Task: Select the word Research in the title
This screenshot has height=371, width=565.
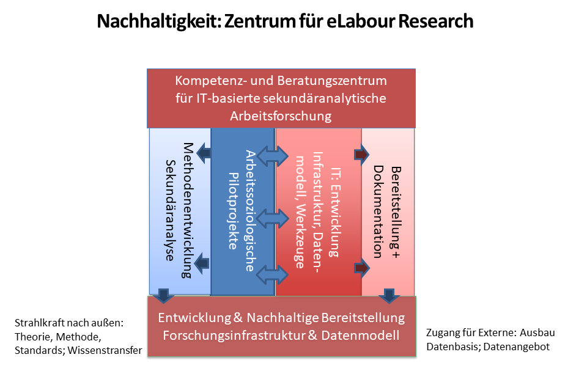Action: tap(435, 21)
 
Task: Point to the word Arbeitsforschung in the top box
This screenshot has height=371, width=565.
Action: tap(281, 116)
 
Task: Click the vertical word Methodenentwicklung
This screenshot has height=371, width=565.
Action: tap(187, 210)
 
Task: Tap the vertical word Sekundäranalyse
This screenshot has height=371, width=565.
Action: tap(170, 210)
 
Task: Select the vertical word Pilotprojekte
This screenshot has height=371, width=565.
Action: tap(234, 211)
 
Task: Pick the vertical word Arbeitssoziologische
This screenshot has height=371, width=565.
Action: tap(251, 211)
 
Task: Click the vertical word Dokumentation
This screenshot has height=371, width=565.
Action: tap(378, 212)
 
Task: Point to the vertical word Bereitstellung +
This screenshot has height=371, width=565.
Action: tap(396, 212)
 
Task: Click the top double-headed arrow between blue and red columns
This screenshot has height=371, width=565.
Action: tap(273, 156)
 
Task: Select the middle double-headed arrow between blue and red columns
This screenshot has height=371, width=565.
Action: tap(273, 218)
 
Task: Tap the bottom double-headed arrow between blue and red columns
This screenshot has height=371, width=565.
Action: tap(273, 275)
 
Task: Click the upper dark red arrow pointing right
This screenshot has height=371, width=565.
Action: tap(362, 155)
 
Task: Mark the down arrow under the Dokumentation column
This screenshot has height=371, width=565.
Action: tap(388, 296)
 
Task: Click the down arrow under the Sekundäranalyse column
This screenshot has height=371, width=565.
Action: tap(164, 296)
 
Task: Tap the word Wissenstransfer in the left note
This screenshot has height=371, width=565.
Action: tap(105, 350)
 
